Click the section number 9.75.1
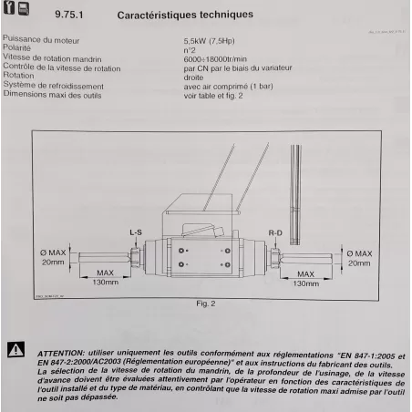click(70, 15)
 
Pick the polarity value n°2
click(191, 50)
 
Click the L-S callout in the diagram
click(135, 233)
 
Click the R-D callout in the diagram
click(275, 233)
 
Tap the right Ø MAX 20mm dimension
click(358, 256)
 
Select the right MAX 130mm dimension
click(305, 278)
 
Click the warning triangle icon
click(15, 349)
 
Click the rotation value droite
click(195, 77)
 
